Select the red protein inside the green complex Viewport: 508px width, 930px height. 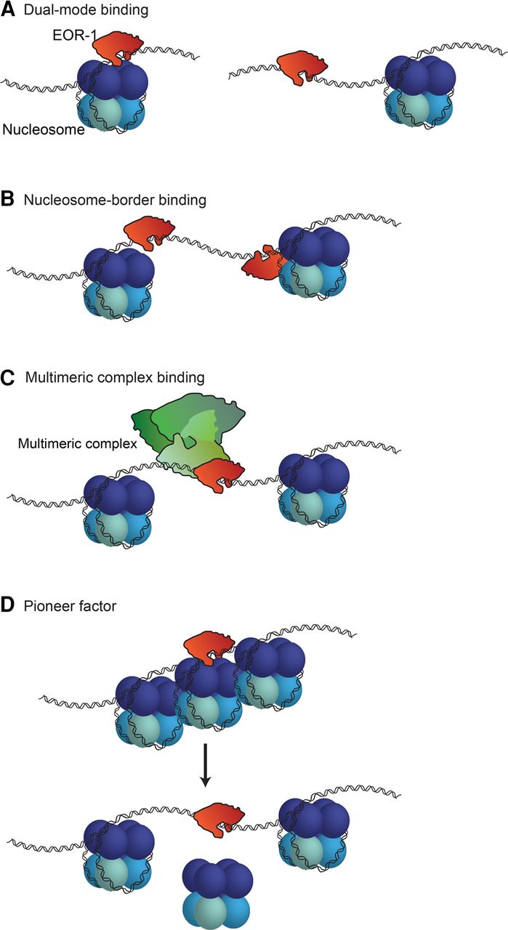[x=224, y=474]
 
